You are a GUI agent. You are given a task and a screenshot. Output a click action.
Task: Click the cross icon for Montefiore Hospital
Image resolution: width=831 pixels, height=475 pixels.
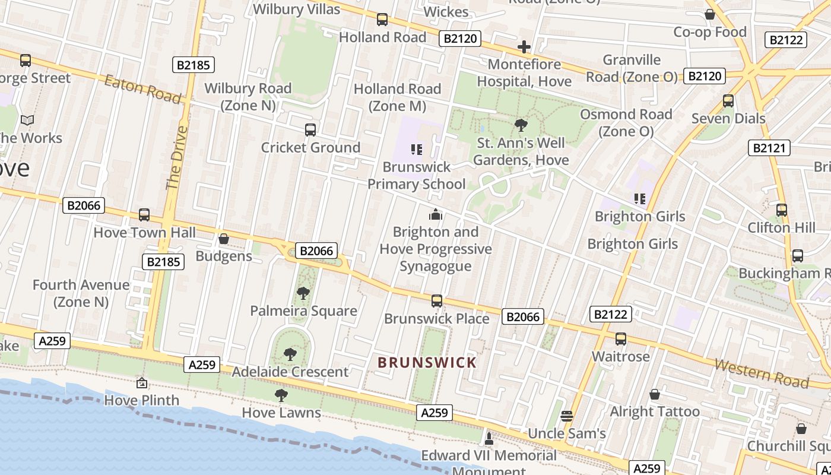click(524, 47)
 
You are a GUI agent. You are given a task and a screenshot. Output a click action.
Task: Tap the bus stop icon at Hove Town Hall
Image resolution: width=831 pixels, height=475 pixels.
click(144, 215)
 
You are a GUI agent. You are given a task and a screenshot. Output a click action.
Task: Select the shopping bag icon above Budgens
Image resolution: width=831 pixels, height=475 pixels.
click(224, 239)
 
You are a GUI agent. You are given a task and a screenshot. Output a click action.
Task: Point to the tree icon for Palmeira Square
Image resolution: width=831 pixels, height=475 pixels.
click(303, 293)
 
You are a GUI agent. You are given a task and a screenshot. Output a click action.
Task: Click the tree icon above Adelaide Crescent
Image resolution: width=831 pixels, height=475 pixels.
click(290, 354)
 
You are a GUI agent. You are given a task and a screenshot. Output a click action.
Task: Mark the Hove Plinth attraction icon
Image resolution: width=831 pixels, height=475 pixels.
click(141, 383)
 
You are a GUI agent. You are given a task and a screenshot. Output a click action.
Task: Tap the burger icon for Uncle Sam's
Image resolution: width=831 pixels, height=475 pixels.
click(567, 416)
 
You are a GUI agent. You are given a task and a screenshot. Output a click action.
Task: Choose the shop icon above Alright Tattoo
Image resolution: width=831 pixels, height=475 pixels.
click(655, 394)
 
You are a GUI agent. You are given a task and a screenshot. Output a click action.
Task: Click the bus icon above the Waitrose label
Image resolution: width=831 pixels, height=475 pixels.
click(621, 339)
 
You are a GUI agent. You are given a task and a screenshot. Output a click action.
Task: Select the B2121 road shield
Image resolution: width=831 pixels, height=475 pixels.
click(769, 148)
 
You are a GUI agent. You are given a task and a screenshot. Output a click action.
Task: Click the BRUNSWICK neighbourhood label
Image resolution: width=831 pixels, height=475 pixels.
click(427, 362)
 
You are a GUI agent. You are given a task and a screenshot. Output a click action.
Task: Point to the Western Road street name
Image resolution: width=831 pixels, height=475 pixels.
click(761, 372)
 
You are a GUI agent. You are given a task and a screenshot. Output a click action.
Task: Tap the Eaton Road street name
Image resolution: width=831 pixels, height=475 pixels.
click(142, 89)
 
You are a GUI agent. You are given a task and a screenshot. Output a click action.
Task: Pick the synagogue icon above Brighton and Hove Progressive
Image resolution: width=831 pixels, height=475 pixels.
click(436, 214)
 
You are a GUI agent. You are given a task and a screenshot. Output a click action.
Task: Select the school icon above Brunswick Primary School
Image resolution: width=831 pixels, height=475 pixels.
click(416, 150)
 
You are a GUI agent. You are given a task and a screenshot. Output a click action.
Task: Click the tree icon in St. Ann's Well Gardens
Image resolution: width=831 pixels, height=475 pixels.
click(521, 125)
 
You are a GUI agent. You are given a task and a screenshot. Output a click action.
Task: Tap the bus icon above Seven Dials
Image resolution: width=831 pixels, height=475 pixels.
click(728, 101)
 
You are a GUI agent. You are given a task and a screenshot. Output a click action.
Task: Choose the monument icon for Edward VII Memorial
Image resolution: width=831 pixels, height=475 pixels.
click(489, 439)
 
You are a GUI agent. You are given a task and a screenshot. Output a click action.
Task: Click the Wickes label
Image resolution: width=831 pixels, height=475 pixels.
click(446, 11)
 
